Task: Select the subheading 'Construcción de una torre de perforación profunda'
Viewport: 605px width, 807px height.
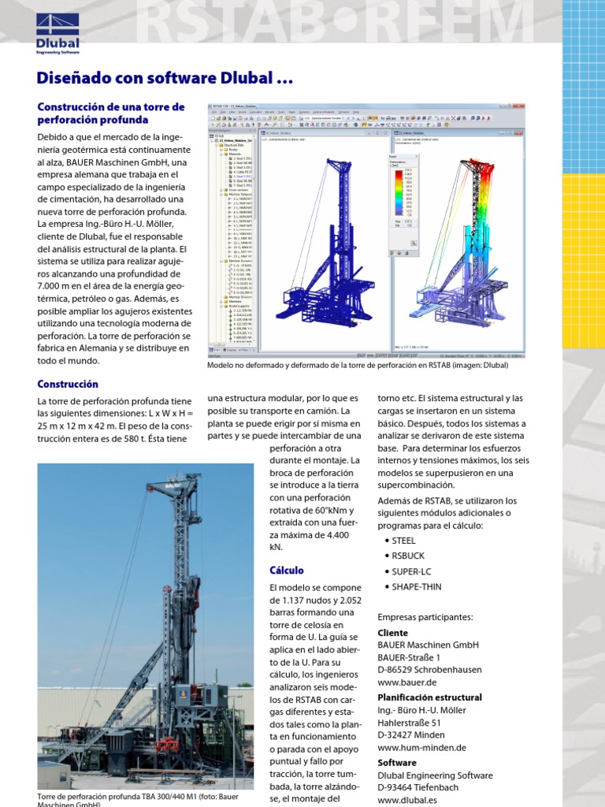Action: tap(111, 113)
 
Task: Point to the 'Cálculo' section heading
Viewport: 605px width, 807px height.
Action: tap(287, 570)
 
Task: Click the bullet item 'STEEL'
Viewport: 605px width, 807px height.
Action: tap(403, 541)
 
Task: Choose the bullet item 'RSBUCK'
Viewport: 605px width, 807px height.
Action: tap(407, 556)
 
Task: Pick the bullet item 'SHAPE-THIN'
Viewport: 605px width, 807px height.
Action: tap(416, 586)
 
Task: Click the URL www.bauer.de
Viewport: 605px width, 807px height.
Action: tap(407, 682)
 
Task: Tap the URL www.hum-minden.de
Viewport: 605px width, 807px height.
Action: tap(421, 747)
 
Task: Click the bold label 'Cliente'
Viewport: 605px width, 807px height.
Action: tap(393, 633)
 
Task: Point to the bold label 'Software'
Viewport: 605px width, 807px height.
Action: tap(397, 763)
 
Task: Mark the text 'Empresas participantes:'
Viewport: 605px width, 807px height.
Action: tap(425, 616)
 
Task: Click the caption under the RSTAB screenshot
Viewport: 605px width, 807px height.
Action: tap(358, 365)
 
